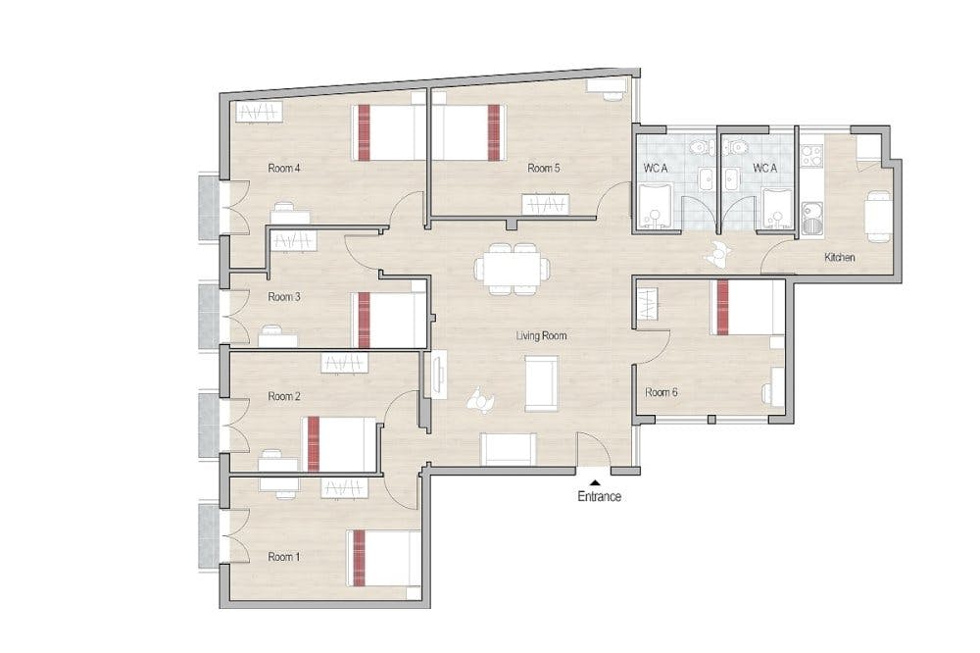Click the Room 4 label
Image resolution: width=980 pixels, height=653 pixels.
pos(284,168)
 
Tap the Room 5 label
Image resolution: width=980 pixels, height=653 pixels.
pos(543,168)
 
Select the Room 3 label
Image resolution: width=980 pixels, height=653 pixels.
pos(284,296)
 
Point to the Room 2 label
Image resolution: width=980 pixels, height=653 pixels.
pos(284,396)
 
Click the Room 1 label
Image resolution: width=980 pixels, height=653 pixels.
pos(284,556)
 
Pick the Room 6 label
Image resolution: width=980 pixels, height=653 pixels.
pos(661,392)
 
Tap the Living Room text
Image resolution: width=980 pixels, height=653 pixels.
pos(541,336)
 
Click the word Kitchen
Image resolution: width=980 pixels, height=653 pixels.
pos(840,257)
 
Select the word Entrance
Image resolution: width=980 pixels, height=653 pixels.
pos(600,497)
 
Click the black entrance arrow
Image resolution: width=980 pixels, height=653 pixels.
pos(596,482)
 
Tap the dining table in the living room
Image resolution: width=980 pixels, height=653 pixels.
pos(514,269)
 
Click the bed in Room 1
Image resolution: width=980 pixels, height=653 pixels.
pos(383,559)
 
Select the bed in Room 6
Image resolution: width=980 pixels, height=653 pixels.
pos(748,307)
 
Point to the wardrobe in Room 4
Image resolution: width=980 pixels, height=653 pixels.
pos(259,113)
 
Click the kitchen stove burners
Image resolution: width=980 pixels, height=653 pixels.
pos(811,156)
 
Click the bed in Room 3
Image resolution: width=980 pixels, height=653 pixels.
pos(389,320)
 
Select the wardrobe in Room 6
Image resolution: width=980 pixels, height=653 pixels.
pos(648,303)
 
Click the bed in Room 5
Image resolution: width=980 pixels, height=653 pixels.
pos(467,132)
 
